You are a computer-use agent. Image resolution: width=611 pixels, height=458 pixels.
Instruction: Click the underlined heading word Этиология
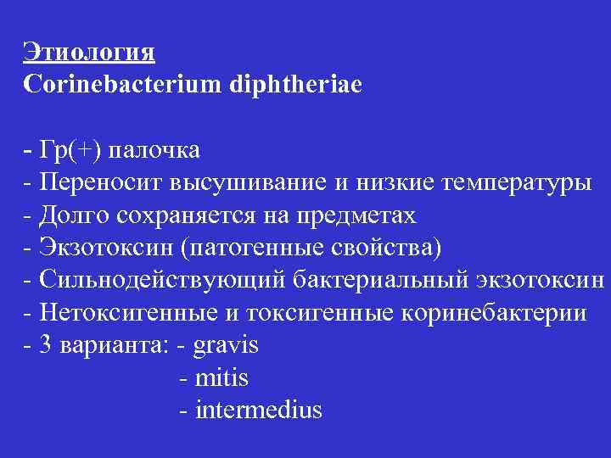tap(89, 51)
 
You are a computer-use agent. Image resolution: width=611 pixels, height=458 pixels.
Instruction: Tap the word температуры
tap(509, 182)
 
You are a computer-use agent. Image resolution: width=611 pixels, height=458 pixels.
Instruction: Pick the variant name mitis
tap(221, 378)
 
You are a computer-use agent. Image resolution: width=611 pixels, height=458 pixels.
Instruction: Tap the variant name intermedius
tap(258, 411)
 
